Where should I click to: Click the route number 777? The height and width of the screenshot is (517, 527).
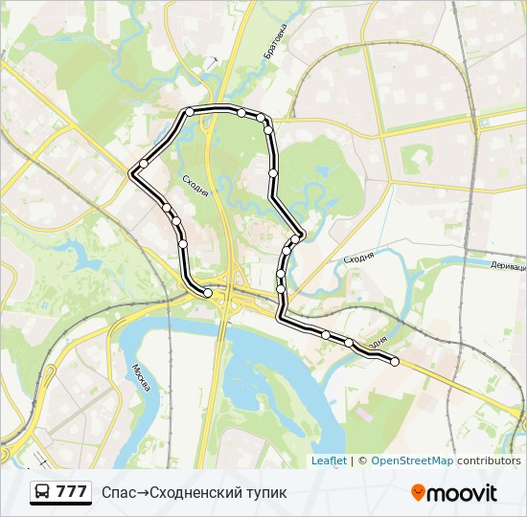tap(71, 492)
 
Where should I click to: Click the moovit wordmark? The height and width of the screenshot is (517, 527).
tap(462, 493)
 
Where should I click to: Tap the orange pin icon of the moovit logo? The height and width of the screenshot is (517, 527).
tap(418, 493)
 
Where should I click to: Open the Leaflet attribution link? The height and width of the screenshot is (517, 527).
tap(329, 461)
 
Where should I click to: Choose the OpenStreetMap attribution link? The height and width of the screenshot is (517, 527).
tap(412, 461)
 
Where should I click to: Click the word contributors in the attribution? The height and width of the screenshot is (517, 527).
tap(489, 461)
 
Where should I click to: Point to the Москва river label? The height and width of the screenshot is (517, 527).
tap(141, 379)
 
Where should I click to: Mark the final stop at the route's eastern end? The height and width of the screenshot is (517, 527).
tap(394, 361)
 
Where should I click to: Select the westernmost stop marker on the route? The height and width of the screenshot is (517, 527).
tap(144, 164)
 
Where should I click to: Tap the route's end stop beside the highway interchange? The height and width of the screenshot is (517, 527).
tap(208, 292)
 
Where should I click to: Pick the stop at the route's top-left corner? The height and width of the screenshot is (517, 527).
tap(190, 112)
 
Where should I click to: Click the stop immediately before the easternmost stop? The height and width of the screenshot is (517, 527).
tap(349, 342)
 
